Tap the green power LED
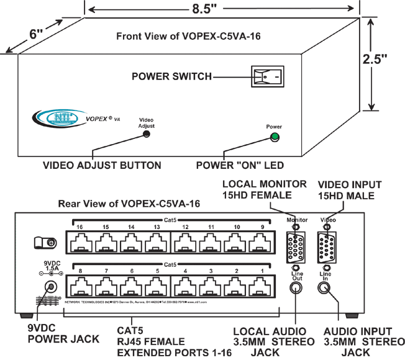[x=275, y=137]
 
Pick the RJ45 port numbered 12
[x=185, y=241]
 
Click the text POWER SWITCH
[x=171, y=76]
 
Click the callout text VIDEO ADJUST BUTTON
[x=102, y=166]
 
